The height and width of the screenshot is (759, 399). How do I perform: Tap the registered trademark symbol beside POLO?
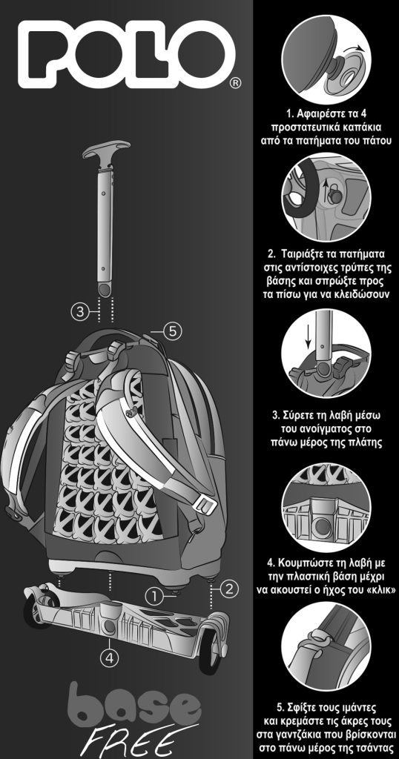click(x=234, y=83)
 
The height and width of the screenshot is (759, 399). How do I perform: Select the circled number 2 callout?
click(x=228, y=589)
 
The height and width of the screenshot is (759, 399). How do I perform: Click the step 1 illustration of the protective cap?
click(x=326, y=59)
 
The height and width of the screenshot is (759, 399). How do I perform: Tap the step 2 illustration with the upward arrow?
click(x=326, y=197)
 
